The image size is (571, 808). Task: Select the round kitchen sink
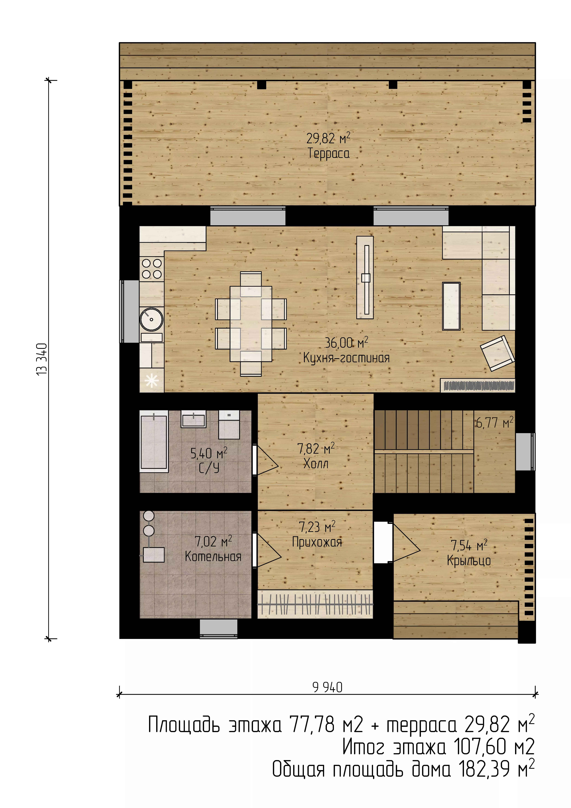152,319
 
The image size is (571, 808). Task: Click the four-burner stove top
152,269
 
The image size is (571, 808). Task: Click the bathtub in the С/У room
154,443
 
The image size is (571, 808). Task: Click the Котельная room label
213,556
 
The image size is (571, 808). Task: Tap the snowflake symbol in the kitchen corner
152,381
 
